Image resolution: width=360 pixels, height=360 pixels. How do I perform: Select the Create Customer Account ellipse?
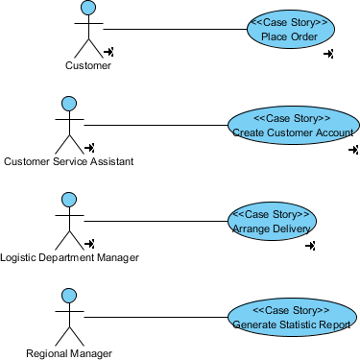pos(293,125)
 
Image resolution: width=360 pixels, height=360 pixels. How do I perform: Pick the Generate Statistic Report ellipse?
pos(293,318)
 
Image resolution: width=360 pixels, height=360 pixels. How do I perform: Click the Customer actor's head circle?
pos(88,8)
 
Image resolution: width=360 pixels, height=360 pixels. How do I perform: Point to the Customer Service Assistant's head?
pos(68,103)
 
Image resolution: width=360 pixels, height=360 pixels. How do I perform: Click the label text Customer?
pos(88,66)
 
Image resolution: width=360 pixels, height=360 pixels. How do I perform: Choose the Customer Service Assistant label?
pos(68,161)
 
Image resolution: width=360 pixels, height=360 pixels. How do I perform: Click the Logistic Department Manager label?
pos(69,257)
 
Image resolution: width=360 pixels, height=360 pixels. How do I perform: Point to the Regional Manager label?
pos(69,353)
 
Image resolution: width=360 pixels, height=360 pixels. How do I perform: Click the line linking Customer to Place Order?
pos(173,29)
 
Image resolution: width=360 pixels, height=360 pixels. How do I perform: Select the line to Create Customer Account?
pos(154,125)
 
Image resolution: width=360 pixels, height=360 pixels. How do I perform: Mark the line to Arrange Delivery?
pos(154,221)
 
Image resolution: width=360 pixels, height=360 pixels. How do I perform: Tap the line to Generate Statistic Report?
pos(154,317)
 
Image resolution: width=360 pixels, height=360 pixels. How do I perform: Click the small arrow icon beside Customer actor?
pos(109,52)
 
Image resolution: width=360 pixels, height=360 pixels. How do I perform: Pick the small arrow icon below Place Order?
pos(328,55)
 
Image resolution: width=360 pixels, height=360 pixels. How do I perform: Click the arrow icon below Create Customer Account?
pos(353,151)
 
